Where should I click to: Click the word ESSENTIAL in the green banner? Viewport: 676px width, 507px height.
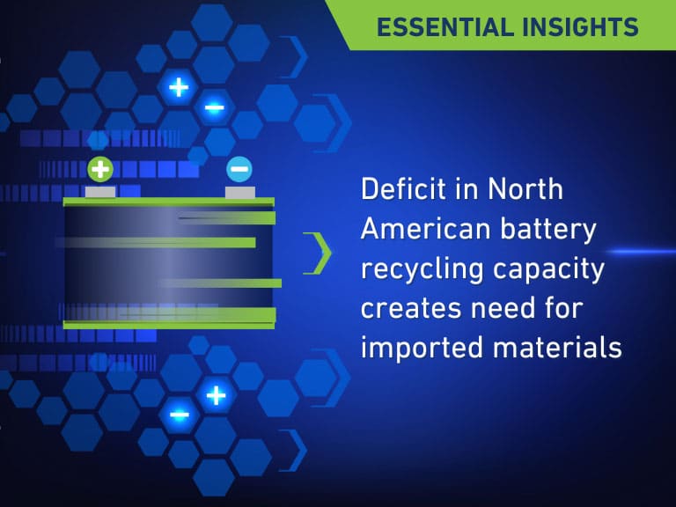(x=445, y=27)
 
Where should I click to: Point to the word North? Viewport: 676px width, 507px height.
(x=525, y=189)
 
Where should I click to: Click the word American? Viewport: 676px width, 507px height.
(x=425, y=229)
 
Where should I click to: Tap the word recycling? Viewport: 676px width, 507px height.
(x=422, y=270)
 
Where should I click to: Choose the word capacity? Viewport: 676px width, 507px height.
(x=549, y=270)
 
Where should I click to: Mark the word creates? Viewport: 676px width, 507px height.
(x=410, y=309)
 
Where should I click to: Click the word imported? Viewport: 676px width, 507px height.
(x=422, y=349)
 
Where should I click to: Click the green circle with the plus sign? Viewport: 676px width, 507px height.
(x=100, y=169)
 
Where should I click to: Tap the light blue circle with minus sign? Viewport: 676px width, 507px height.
(x=239, y=169)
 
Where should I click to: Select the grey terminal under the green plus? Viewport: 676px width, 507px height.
(x=100, y=192)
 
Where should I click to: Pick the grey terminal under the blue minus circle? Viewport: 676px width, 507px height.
(x=240, y=192)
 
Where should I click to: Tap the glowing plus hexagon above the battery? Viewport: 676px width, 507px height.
(x=179, y=88)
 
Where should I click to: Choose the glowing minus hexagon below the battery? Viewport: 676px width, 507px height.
(x=180, y=415)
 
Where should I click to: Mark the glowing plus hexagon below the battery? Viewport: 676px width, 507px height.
(x=216, y=395)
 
